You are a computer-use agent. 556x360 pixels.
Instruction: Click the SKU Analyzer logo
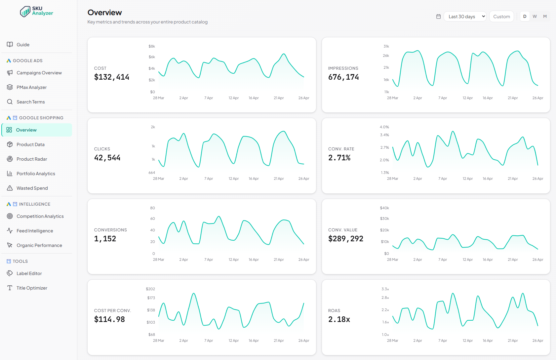pos(36,11)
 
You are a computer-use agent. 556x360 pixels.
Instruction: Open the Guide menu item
pos(23,45)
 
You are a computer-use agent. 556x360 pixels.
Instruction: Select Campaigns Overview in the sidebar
pos(39,73)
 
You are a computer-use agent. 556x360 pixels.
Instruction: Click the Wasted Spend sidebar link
pos(32,188)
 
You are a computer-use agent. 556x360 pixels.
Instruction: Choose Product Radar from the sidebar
pos(32,159)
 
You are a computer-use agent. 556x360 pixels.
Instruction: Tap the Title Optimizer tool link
pos(32,288)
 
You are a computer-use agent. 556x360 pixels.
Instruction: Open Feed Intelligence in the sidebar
pos(35,231)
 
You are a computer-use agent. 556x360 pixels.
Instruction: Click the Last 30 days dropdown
pos(465,17)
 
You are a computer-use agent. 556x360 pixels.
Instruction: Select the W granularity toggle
pos(535,17)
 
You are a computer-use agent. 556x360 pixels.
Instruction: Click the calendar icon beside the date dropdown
pos(438,17)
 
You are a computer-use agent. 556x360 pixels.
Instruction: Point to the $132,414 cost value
pos(111,77)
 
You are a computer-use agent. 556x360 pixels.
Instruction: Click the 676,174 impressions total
pos(343,77)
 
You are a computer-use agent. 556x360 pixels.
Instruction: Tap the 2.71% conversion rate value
pos(339,158)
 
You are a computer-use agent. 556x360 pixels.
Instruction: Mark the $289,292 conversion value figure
pos(345,239)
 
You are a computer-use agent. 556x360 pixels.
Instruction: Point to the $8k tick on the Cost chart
pos(152,46)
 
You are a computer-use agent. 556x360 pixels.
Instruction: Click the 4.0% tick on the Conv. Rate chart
pos(384,127)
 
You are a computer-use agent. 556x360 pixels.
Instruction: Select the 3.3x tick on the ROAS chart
pos(385,289)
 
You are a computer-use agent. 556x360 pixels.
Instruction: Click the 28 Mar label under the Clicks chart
pos(158,179)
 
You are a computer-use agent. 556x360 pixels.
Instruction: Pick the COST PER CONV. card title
pos(112,310)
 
